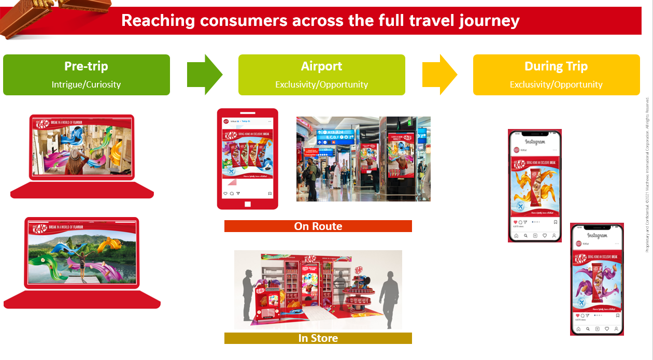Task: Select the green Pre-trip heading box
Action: click(x=87, y=75)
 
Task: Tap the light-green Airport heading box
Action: click(x=321, y=75)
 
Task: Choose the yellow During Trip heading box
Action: click(x=556, y=75)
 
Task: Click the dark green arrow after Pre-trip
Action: click(x=204, y=75)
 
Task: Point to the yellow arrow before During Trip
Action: click(x=439, y=75)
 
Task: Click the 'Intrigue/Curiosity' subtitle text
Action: click(x=86, y=84)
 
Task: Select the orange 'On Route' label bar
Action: click(x=318, y=226)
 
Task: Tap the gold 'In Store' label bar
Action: click(x=318, y=338)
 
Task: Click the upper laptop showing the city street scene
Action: click(x=82, y=155)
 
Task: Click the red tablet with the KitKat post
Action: click(x=247, y=158)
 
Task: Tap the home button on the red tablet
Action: click(x=247, y=204)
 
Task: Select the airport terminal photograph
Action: click(x=363, y=159)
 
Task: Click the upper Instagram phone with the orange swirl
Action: click(x=534, y=185)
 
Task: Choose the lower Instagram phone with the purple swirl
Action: click(x=597, y=279)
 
